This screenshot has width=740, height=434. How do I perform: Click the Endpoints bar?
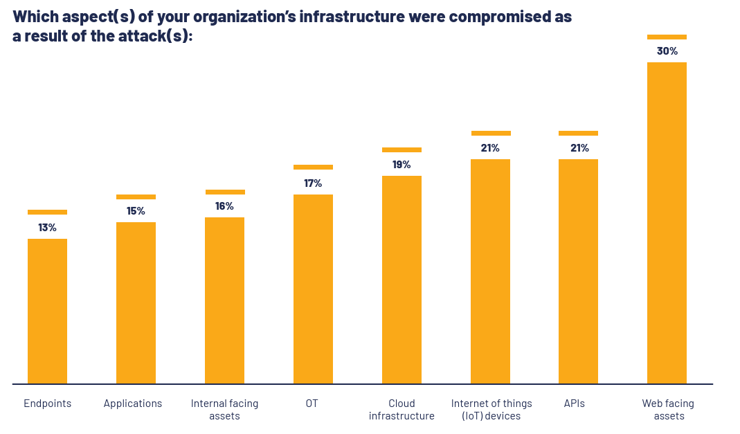coord(47,311)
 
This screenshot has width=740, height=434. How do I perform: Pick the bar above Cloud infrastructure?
coord(401,280)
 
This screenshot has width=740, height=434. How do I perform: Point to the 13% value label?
coord(47,227)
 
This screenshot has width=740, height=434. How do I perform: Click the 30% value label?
coord(667,51)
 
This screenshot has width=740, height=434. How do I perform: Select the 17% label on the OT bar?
coord(313,183)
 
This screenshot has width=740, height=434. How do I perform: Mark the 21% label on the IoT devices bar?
coord(490,148)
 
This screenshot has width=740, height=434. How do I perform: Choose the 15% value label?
coord(136,211)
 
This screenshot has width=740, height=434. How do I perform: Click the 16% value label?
coord(224,206)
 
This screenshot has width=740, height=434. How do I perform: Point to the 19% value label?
coord(401,165)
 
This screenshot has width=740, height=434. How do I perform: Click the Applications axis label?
coord(133,404)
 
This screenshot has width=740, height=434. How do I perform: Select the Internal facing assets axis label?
coord(224,410)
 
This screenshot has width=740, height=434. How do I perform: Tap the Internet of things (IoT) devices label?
coord(491,410)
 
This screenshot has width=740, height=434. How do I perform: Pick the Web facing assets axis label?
coord(668,410)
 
